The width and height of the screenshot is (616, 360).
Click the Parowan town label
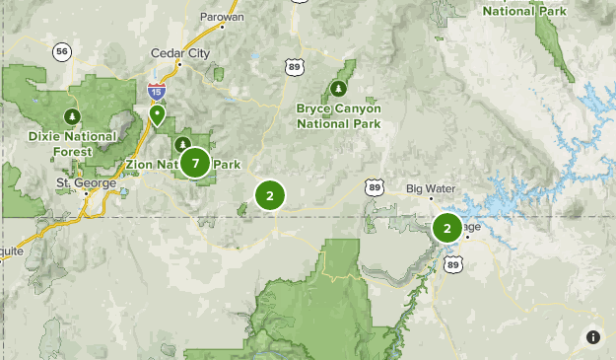click(x=223, y=17)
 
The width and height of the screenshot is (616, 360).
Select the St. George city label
click(x=86, y=182)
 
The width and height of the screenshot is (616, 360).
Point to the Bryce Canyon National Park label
click(x=338, y=115)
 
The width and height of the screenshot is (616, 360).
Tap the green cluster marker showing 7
click(x=195, y=163)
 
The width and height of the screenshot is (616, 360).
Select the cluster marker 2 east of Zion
click(x=269, y=195)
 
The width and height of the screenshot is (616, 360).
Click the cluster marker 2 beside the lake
click(x=446, y=229)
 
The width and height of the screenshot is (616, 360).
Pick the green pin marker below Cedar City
click(x=157, y=116)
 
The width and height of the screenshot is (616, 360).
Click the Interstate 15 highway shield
click(x=156, y=92)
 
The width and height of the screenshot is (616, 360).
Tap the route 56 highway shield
click(x=63, y=50)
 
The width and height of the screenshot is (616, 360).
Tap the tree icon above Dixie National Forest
click(x=71, y=114)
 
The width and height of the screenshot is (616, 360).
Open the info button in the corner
click(x=593, y=337)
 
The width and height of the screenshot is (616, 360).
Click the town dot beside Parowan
click(x=223, y=28)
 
